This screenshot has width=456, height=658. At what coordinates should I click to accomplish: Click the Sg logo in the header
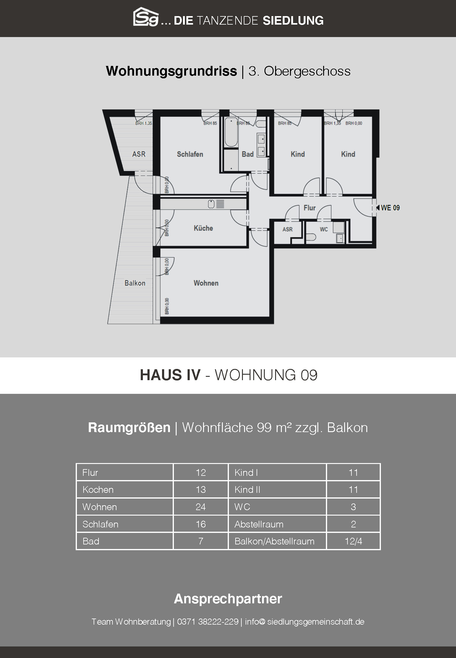pos(146,17)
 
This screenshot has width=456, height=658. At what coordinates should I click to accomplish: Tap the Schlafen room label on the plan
pos(190,154)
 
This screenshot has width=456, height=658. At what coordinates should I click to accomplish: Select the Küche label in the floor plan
pos(203,228)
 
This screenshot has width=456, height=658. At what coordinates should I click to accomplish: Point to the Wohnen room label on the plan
pos(206,283)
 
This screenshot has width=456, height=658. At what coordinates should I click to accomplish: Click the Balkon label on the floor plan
pos(135,283)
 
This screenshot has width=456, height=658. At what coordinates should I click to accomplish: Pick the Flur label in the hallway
pos(309,208)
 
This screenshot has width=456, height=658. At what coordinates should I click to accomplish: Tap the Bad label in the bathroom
pos(247,154)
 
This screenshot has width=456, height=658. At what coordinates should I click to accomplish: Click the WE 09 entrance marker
pos(388,208)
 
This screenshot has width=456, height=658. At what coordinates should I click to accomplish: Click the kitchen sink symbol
pos(216,204)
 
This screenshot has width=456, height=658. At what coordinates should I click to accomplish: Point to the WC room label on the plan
pos(324,230)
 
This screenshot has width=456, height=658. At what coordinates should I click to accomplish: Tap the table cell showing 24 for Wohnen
pos(201,507)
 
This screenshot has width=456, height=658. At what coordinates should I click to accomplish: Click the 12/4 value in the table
pos(353,541)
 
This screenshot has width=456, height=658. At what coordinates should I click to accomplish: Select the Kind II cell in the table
pos(277,489)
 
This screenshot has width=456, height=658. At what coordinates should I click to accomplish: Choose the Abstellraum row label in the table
pos(259,524)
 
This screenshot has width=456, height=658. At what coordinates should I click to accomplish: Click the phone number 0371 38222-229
pos(208,622)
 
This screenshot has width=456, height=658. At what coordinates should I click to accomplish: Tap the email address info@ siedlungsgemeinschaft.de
pos(305,622)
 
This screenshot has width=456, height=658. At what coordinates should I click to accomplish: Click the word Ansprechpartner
pos(228,598)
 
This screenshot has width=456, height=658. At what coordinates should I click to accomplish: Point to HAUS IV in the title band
pos(170,375)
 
